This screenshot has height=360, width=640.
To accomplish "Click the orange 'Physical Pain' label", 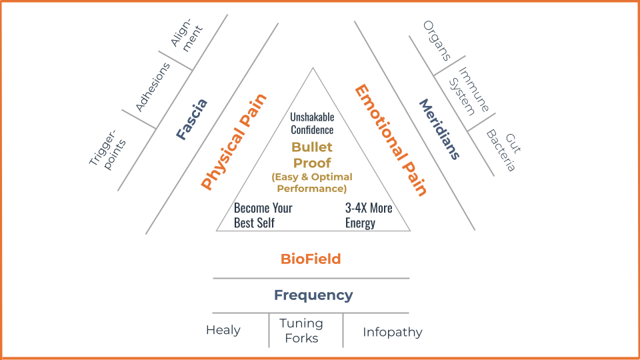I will pyautogui.click(x=234, y=141).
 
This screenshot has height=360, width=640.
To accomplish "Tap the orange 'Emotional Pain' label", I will pyautogui.click(x=390, y=140).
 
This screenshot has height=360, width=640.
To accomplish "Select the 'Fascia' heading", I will pyautogui.click(x=192, y=119).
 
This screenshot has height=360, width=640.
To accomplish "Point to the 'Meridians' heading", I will pyautogui.click(x=439, y=129).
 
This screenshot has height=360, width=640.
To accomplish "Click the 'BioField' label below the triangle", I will pyautogui.click(x=311, y=259).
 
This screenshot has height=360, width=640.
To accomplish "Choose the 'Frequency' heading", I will pyautogui.click(x=313, y=295).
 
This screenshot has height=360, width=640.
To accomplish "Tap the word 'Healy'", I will pyautogui.click(x=223, y=330).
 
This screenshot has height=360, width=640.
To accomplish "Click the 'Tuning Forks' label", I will pyautogui.click(x=301, y=331).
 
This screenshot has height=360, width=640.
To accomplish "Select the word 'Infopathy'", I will pyautogui.click(x=392, y=331).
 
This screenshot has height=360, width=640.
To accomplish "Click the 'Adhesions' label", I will pyautogui.click(x=153, y=87).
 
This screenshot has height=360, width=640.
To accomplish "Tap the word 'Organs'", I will pyautogui.click(x=437, y=40).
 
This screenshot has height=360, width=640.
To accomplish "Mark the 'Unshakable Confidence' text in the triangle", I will pyautogui.click(x=312, y=123).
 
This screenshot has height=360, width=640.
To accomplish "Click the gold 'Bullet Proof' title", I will pyautogui.click(x=312, y=155).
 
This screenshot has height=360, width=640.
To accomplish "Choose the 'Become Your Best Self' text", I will pyautogui.click(x=263, y=215).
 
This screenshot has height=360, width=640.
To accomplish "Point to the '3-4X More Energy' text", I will pyautogui.click(x=369, y=215).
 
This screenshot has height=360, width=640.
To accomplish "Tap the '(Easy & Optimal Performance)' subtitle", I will pyautogui.click(x=312, y=183).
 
